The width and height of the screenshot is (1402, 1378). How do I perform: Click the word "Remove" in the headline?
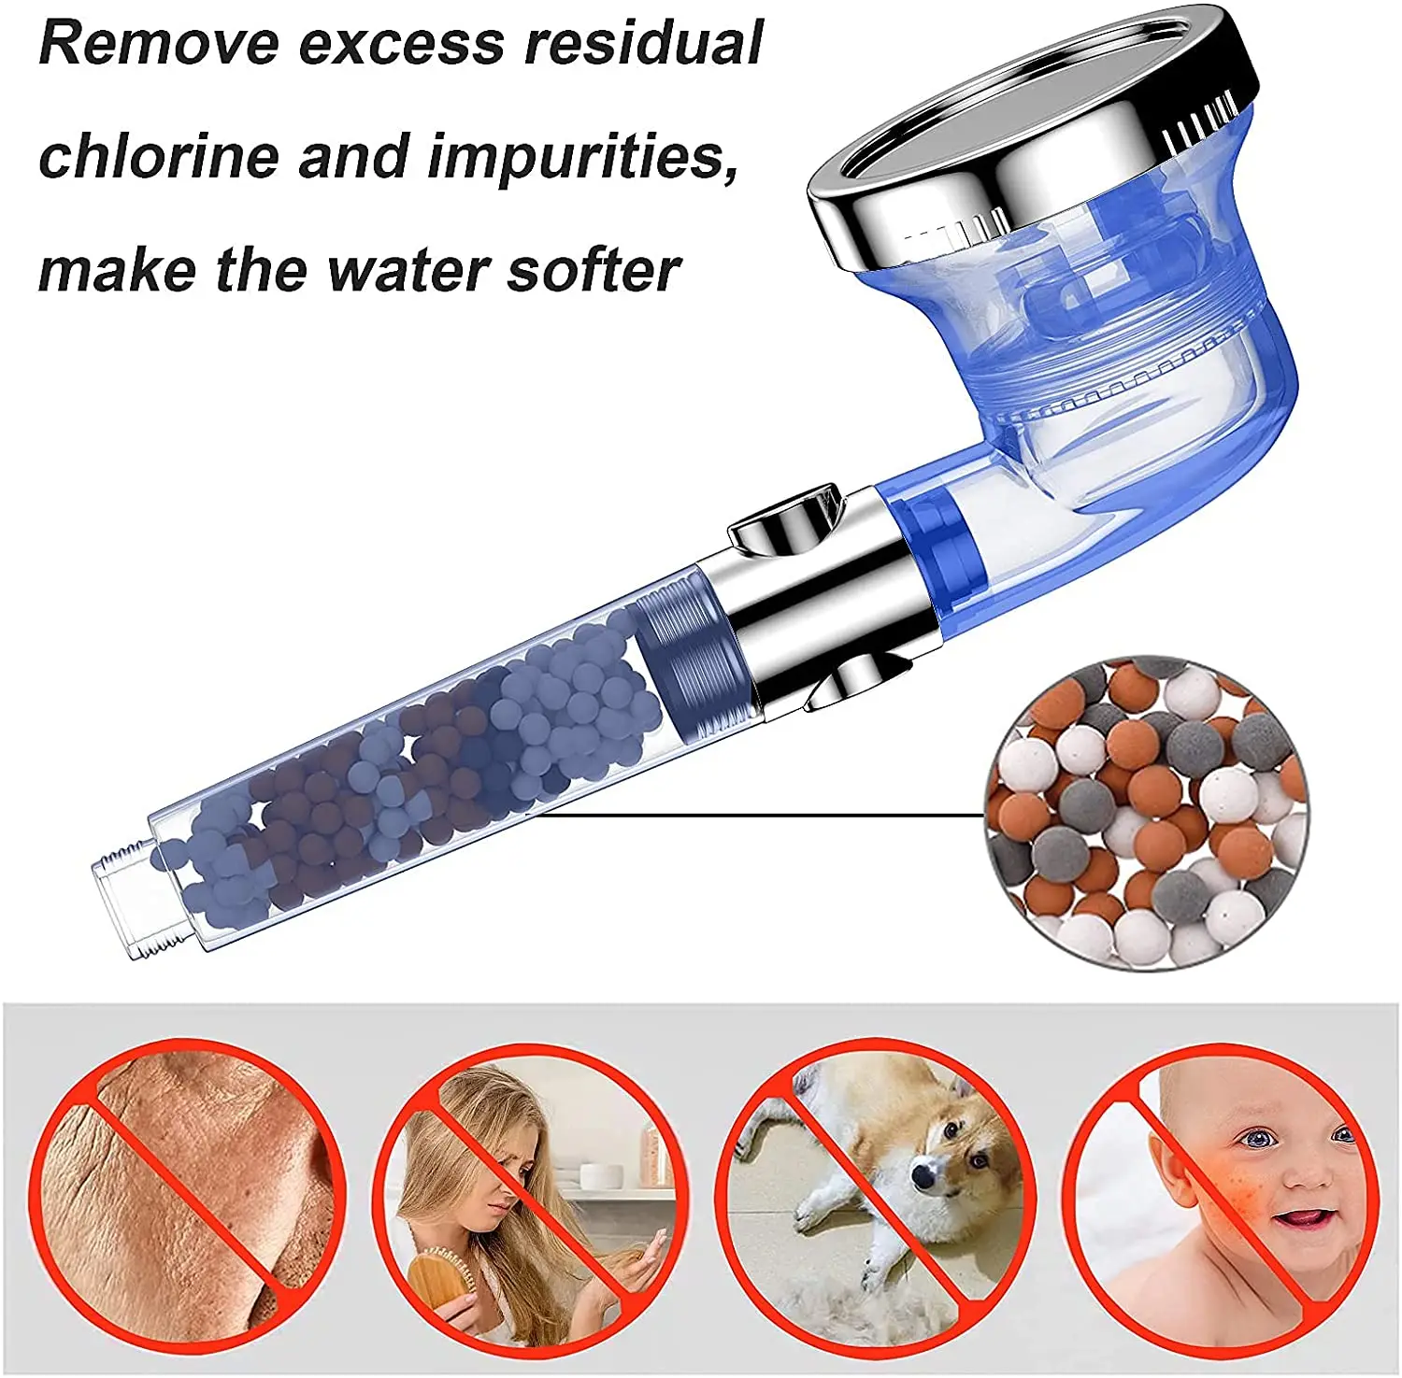(x=158, y=44)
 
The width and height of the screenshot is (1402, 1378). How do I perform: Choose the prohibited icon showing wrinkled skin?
(x=187, y=1197)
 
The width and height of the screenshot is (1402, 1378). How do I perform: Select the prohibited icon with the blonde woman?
(x=531, y=1197)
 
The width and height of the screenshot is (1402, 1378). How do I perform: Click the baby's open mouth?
(x=1303, y=1218)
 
